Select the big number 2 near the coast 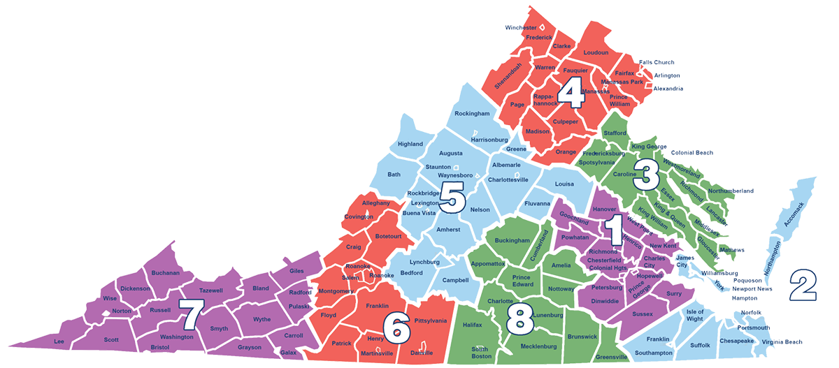coord(803,284)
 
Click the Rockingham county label coord(472,113)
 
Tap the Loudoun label coord(596,52)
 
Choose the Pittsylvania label coord(431,321)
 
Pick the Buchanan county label coord(166,273)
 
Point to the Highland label coord(410,144)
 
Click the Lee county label coord(59,341)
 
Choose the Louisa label coord(564,184)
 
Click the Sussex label coord(642,314)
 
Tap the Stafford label coord(615,133)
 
